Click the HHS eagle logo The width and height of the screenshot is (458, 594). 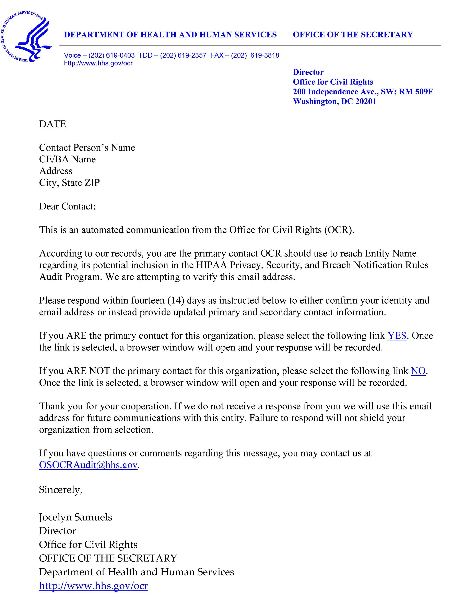click(26, 37)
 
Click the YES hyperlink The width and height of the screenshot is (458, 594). click(397, 336)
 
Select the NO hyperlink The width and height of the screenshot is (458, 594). click(418, 371)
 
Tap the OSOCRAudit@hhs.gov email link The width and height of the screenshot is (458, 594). click(88, 465)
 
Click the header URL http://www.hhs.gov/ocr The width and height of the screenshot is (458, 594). click(98, 63)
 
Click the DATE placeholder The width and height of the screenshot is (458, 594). click(52, 124)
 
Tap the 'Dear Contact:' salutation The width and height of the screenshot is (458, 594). click(68, 206)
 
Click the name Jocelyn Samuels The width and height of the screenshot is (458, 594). click(75, 517)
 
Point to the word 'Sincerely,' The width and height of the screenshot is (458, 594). click(60, 490)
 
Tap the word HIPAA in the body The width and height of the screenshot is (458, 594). click(211, 265)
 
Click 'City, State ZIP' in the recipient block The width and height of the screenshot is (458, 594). click(69, 183)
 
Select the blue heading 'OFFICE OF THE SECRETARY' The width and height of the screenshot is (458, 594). click(353, 35)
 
